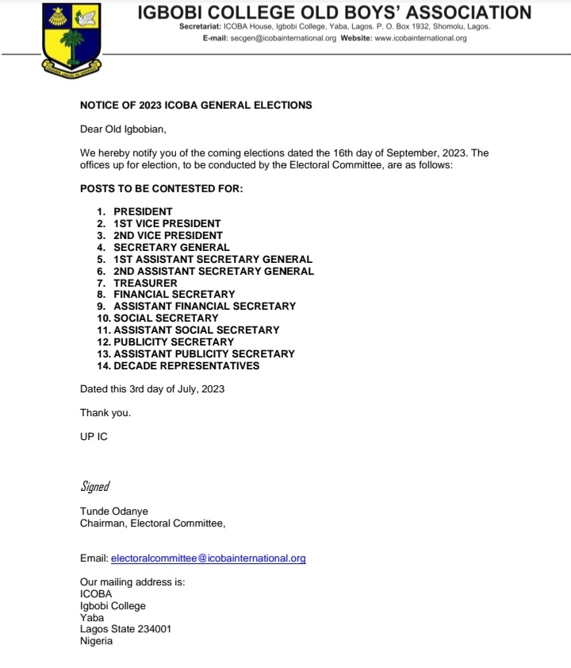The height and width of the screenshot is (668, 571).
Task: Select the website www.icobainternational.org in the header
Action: tap(420, 37)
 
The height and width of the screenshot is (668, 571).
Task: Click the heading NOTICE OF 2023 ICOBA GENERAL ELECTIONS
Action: tap(196, 105)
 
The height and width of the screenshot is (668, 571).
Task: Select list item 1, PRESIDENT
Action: tap(143, 212)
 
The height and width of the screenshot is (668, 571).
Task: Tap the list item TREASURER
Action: tap(145, 283)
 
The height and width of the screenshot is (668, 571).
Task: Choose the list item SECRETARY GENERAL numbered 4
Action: tap(171, 247)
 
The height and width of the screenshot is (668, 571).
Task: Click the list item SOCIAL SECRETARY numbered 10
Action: tap(166, 318)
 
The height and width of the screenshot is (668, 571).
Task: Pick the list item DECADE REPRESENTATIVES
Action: tap(186, 365)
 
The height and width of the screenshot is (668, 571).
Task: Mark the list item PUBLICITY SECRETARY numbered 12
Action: tap(174, 342)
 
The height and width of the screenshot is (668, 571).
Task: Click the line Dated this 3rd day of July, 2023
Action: tap(152, 389)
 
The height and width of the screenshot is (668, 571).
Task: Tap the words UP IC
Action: tap(94, 437)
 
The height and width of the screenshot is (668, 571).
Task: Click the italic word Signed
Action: tap(94, 486)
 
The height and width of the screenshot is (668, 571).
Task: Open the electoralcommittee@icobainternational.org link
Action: tap(208, 558)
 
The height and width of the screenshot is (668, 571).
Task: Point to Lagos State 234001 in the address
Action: tap(125, 629)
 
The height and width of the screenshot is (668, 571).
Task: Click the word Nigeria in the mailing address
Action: tap(96, 641)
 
